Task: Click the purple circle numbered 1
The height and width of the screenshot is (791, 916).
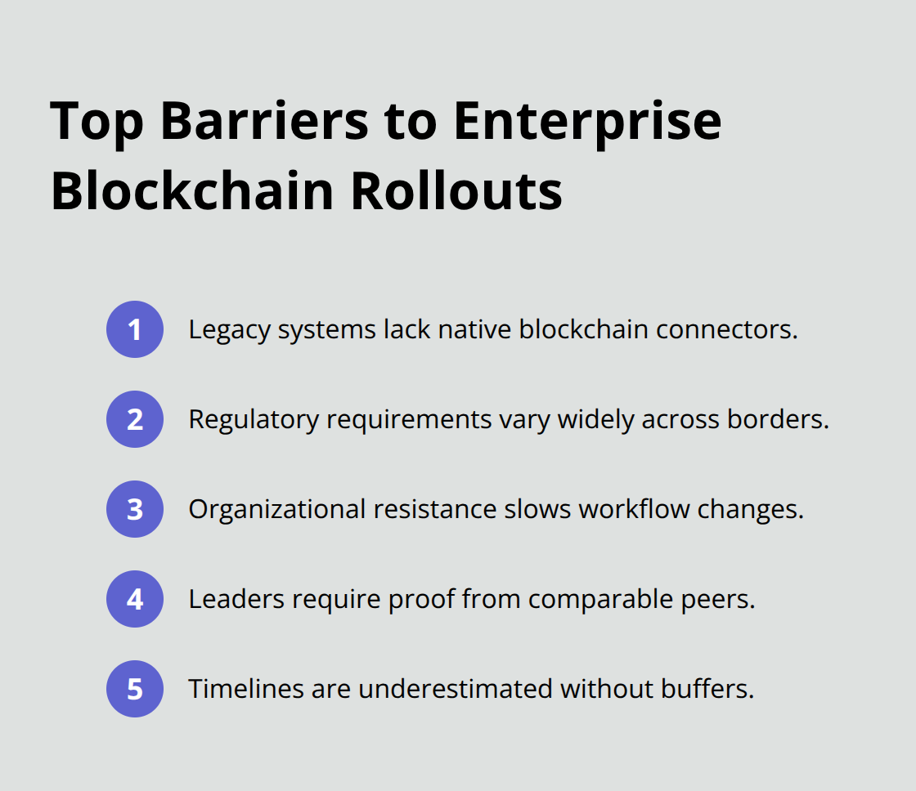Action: click(x=135, y=329)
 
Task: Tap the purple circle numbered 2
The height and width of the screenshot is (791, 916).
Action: click(x=135, y=419)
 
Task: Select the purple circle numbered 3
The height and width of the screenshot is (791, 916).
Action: click(x=135, y=509)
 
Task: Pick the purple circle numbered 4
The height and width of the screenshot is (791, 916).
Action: click(x=135, y=599)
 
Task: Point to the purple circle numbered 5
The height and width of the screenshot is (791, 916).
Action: click(x=135, y=689)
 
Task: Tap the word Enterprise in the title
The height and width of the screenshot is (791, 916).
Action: click(x=587, y=121)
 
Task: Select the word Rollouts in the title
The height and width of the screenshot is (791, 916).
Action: click(x=457, y=191)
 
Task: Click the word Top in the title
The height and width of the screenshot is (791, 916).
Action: click(x=97, y=121)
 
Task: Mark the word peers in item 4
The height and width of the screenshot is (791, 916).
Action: click(x=721, y=599)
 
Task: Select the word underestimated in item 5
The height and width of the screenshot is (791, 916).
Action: click(x=455, y=689)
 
